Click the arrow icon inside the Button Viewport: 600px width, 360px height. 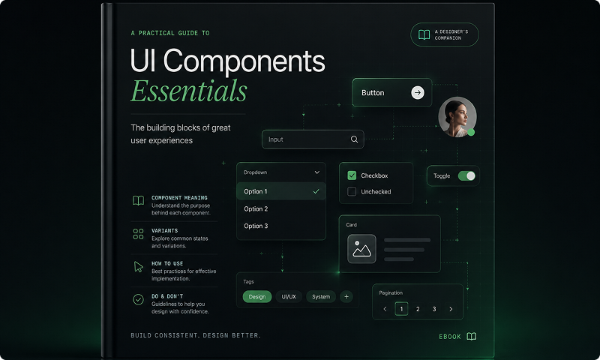tap(418, 92)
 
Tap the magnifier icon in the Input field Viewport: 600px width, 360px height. tap(354, 139)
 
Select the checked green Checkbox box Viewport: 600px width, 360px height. tap(352, 175)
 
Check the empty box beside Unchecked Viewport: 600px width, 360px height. tap(352, 191)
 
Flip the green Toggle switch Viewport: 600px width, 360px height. tap(466, 175)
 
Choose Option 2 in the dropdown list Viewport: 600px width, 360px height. tap(256, 209)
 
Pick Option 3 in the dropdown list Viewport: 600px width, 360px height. tap(256, 226)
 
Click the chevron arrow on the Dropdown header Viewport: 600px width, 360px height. tap(316, 172)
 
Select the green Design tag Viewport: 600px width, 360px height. tap(257, 296)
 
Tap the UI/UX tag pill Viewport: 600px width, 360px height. tap(289, 296)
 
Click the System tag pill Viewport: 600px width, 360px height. tap(321, 296)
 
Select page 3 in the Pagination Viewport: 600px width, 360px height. tap(434, 309)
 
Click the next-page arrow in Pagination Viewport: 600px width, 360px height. tap(451, 309)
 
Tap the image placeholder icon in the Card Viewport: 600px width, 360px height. tap(361, 249)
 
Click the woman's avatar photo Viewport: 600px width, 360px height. tap(457, 117)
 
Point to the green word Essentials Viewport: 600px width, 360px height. tap(189, 91)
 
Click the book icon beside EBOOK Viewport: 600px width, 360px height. tap(472, 336)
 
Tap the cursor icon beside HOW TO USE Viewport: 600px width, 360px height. tap(139, 267)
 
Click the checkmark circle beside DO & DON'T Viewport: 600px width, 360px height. tap(138, 299)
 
